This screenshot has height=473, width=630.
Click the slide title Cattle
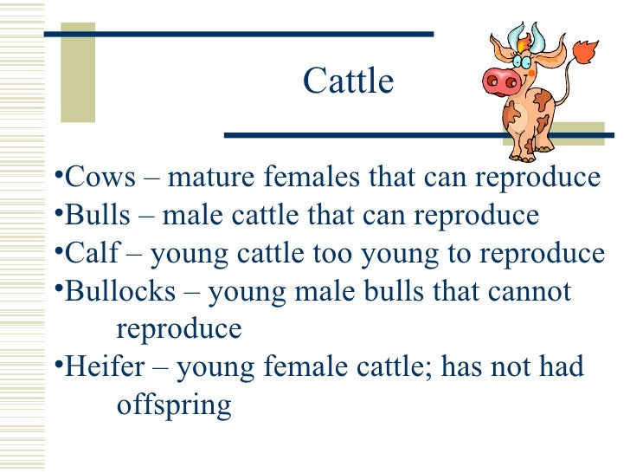pos(348,82)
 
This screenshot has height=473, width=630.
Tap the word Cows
pos(101,178)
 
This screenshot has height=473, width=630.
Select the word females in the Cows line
pos(312,178)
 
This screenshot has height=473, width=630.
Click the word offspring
pos(173,405)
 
